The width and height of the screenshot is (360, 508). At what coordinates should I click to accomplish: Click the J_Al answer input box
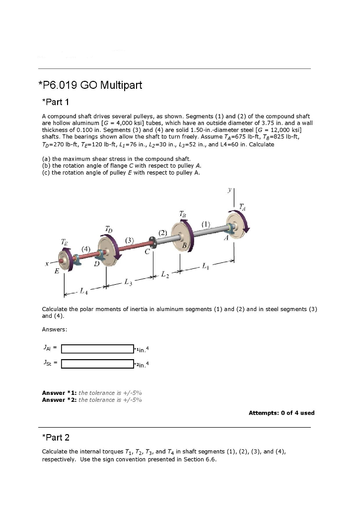point(97,349)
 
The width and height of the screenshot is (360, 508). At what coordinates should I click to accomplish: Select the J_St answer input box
point(97,364)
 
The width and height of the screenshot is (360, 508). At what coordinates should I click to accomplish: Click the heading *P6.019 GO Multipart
point(90,85)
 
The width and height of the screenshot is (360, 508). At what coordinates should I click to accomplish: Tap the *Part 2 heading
point(56,437)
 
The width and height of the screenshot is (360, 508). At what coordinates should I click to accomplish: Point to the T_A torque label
point(242,205)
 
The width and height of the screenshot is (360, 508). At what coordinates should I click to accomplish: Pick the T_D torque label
point(109,229)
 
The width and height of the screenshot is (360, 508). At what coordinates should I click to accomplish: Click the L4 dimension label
point(85,289)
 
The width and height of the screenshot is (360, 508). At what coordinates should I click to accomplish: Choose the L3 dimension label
point(129,281)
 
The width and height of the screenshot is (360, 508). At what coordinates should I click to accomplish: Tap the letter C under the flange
point(147,253)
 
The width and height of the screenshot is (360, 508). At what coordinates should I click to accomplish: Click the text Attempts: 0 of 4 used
point(281,413)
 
